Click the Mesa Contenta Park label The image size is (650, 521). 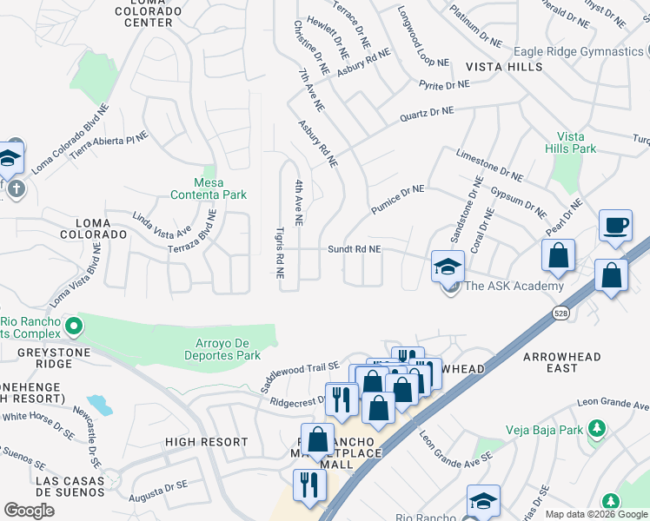click(209, 188)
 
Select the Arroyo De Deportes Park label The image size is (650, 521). click(222, 349)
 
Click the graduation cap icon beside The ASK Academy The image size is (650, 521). click(448, 265)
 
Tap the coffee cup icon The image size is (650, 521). click(615, 225)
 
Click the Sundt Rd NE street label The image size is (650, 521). click(354, 248)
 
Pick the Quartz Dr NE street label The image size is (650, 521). click(427, 112)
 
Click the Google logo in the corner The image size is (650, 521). click(29, 510)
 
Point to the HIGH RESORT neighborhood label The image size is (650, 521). click(207, 442)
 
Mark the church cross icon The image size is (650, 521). click(14, 188)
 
